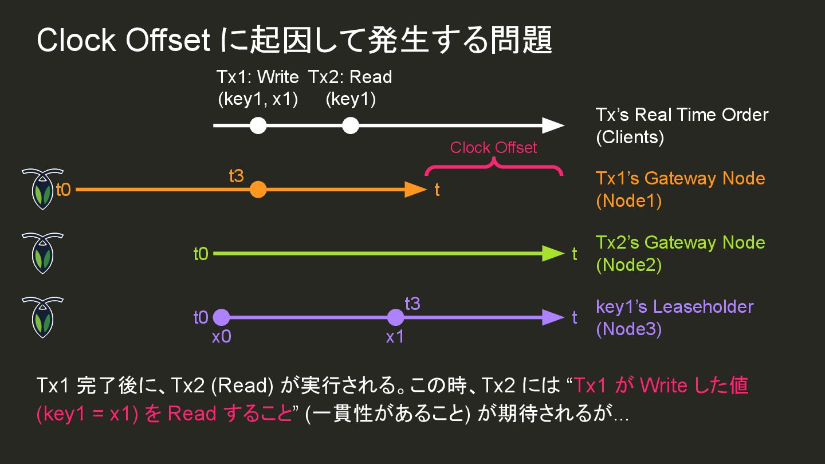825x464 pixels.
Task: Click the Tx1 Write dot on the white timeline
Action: click(258, 125)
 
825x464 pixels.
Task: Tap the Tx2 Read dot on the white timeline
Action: click(350, 125)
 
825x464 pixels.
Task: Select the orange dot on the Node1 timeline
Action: click(258, 189)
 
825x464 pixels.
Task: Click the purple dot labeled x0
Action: click(221, 317)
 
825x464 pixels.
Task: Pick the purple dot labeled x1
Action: click(395, 317)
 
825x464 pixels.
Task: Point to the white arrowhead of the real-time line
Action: click(553, 125)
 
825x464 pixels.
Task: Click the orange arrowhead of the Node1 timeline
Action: click(416, 189)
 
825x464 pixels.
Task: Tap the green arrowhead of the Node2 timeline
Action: click(553, 253)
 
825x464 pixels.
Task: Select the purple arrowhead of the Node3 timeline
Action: click(553, 317)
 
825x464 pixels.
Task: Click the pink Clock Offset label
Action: click(493, 148)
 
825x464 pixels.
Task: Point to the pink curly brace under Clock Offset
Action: click(493, 167)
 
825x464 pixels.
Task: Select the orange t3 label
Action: click(237, 176)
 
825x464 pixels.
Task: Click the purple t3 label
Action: click(412, 304)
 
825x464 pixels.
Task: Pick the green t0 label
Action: click(201, 254)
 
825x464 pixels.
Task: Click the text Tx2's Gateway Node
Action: click(680, 242)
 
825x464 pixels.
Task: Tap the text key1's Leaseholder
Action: click(674, 306)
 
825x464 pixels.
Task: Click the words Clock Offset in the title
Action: click(124, 40)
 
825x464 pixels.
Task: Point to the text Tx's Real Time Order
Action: click(682, 115)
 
